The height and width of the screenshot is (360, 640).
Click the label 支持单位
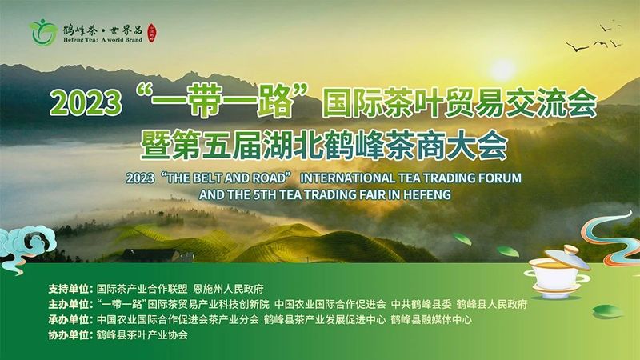[x=70, y=287]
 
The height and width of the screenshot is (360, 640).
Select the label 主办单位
[x=70, y=304]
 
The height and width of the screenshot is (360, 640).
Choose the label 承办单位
[x=70, y=320]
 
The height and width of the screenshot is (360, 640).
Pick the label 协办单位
[x=70, y=336]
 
